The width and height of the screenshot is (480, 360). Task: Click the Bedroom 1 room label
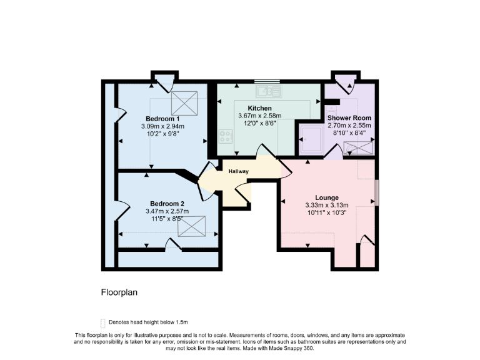[x=162, y=119]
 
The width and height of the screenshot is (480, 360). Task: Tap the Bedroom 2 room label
[x=167, y=203]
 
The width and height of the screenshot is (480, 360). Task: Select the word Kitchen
[x=259, y=108]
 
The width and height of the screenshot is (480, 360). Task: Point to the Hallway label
[x=238, y=171]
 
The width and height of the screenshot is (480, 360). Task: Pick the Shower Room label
[x=350, y=117]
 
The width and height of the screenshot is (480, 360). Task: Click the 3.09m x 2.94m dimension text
[x=162, y=126]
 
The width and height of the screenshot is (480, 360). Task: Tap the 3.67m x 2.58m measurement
[x=259, y=116]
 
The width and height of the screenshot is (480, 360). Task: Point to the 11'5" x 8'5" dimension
[x=167, y=219]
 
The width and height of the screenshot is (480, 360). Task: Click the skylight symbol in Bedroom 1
[x=189, y=100]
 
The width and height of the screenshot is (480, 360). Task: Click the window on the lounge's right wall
[x=377, y=192]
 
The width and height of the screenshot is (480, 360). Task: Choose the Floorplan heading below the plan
[x=119, y=292]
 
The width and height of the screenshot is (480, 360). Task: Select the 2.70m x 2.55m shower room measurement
[x=350, y=125]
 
